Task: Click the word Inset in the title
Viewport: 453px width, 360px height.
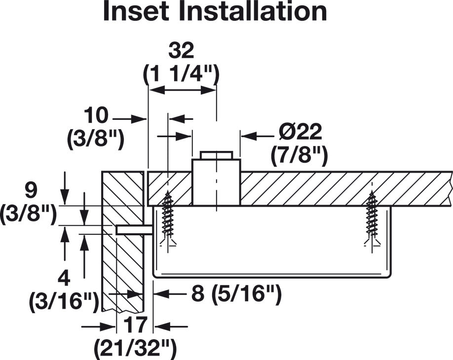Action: coord(136,12)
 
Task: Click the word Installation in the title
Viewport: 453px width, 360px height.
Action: coord(253,12)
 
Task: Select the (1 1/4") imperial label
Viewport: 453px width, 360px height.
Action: coord(181,75)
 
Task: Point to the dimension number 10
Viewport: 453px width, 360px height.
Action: coord(96,115)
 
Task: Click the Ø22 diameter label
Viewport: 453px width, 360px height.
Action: coord(300,132)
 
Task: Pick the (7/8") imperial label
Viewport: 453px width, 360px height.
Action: coord(299,156)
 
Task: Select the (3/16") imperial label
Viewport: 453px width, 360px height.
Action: coord(64,302)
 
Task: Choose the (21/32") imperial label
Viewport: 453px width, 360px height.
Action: coord(135,349)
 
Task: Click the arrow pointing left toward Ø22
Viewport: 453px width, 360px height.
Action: coord(258,136)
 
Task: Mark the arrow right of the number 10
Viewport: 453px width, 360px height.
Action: coord(129,119)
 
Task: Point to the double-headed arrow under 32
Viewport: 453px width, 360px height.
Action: coord(182,90)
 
